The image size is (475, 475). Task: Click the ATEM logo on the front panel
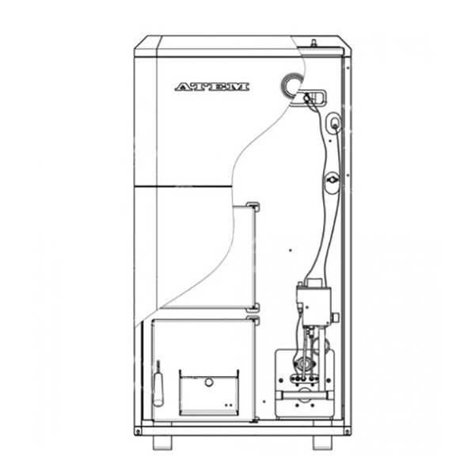[212, 87]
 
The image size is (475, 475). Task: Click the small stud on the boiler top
[313, 43]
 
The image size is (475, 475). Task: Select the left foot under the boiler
[162, 443]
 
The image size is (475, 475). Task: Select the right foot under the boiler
[322, 443]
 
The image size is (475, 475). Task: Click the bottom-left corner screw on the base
[138, 431]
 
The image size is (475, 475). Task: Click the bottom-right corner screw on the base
[348, 431]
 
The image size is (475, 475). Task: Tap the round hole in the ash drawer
[209, 382]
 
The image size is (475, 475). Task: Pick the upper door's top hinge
[253, 207]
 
